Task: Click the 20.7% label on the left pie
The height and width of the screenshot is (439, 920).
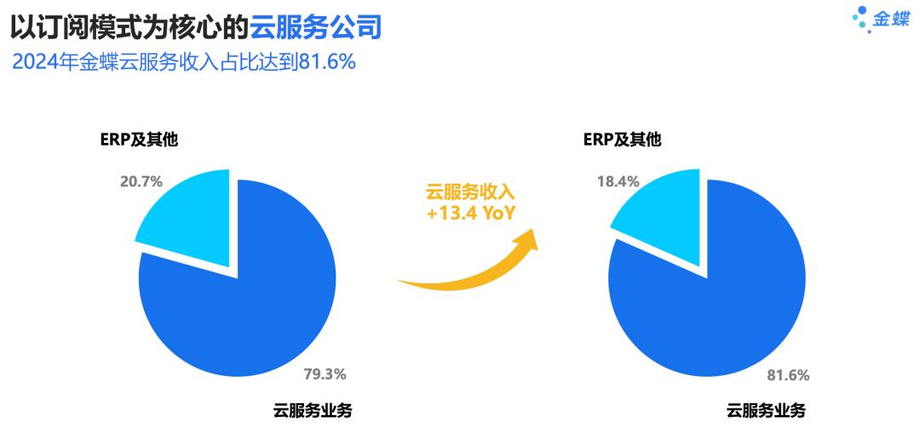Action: [x=141, y=180]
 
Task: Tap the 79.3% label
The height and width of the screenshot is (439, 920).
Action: [x=325, y=373]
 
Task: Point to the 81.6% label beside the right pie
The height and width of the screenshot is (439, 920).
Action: [x=788, y=373]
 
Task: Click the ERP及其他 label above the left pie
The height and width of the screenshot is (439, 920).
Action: [x=139, y=140]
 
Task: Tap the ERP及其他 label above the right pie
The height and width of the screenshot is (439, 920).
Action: [x=622, y=140]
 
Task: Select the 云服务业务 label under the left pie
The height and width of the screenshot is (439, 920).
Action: [x=313, y=411]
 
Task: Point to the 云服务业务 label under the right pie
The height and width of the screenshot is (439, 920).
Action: [x=766, y=411]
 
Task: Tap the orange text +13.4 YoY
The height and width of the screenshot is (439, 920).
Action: [x=471, y=214]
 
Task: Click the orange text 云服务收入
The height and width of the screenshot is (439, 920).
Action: [x=471, y=192]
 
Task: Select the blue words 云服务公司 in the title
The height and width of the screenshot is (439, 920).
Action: [x=315, y=29]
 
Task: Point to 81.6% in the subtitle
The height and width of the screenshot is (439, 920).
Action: [x=325, y=62]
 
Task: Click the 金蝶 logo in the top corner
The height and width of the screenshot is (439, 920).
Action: [x=881, y=19]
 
